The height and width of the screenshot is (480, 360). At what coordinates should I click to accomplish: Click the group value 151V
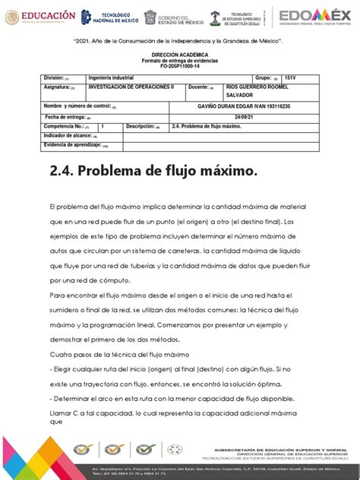click(x=290, y=77)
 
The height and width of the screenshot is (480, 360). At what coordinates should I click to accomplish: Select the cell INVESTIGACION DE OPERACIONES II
click(x=131, y=87)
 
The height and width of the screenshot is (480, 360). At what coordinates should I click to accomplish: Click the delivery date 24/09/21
click(x=248, y=116)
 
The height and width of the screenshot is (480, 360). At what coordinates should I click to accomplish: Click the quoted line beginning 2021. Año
click(x=178, y=40)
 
